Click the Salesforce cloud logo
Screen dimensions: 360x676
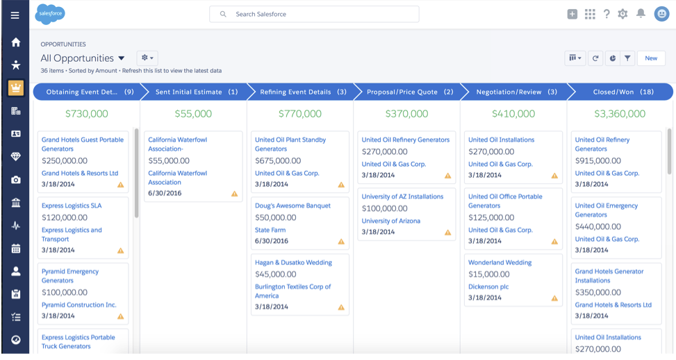pos(50,13)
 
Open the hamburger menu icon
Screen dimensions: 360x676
pos(15,15)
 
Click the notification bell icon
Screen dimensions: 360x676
pos(641,14)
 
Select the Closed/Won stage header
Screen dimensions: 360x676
pos(623,92)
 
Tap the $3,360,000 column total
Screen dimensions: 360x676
pos(620,114)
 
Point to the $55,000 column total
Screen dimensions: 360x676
pos(193,114)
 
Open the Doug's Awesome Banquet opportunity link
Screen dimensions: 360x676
pos(292,206)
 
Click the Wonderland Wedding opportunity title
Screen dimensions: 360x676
pos(500,263)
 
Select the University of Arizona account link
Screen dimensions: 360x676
pos(390,221)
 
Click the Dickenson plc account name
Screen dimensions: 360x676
pos(488,286)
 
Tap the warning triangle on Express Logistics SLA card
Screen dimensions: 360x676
pos(120,250)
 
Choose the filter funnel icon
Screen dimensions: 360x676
pos(627,58)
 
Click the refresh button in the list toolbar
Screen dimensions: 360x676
pos(595,58)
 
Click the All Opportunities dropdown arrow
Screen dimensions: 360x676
pos(122,58)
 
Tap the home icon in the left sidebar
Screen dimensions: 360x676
pos(15,42)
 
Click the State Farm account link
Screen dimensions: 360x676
pos(271,229)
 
